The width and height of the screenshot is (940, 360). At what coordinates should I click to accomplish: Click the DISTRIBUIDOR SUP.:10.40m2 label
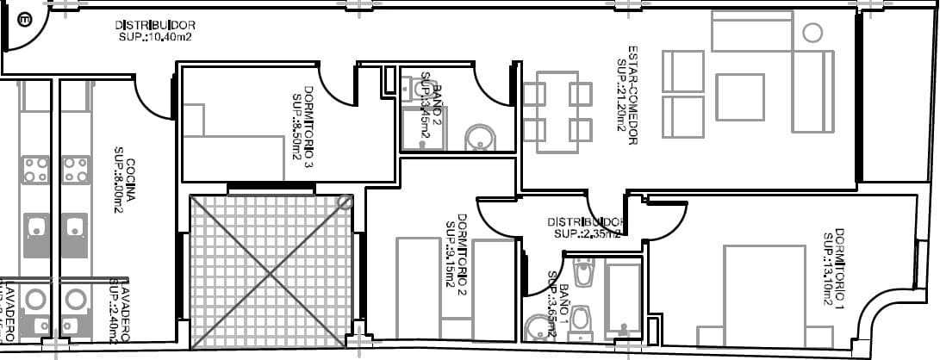pyautogui.click(x=155, y=31)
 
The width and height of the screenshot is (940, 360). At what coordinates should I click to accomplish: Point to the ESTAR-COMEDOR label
pyautogui.click(x=626, y=95)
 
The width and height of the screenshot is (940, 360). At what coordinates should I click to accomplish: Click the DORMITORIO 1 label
pyautogui.click(x=832, y=268)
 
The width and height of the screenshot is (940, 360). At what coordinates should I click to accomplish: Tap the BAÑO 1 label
pyautogui.click(x=558, y=297)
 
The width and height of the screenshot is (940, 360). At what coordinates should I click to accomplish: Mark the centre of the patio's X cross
pyautogui.click(x=271, y=272)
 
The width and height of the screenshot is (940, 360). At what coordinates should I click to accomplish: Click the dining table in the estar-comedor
pyautogui.click(x=557, y=112)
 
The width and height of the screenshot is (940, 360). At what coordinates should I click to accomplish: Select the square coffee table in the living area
pyautogui.click(x=739, y=96)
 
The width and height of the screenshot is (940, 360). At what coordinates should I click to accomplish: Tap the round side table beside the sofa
pyautogui.click(x=812, y=34)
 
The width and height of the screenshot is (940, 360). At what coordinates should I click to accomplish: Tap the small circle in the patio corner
pyautogui.click(x=345, y=202)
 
